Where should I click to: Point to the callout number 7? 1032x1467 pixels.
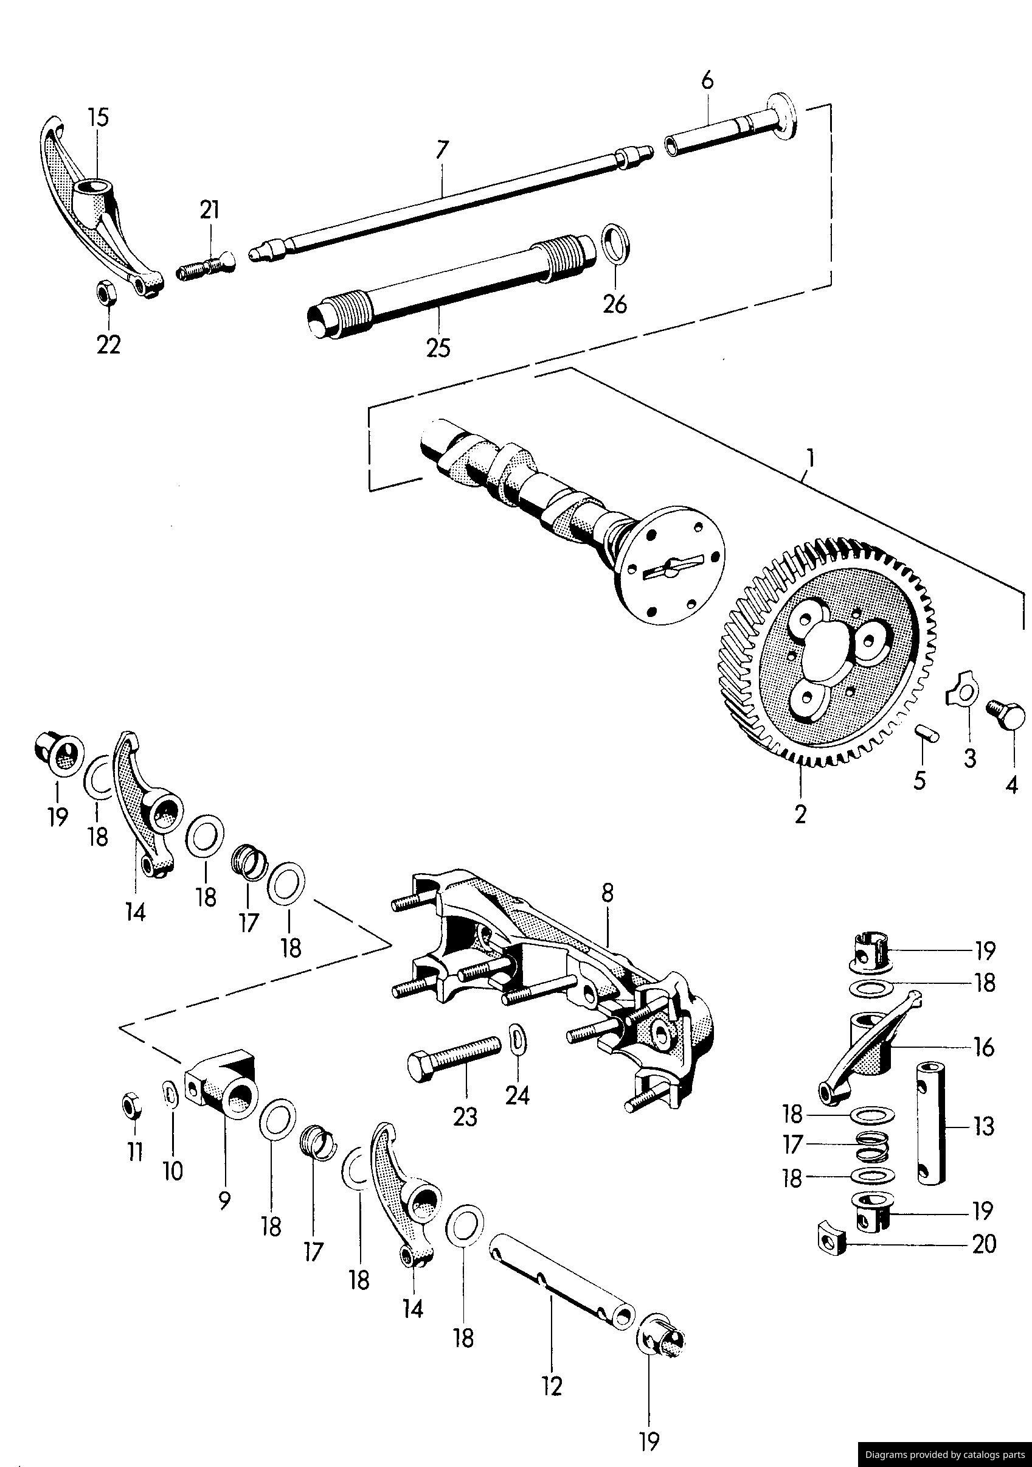point(442,150)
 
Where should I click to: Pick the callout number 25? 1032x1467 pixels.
point(438,348)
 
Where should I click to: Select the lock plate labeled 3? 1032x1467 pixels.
point(960,693)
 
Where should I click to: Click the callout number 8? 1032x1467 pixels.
point(607,894)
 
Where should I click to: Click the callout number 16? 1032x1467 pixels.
point(984,1047)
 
